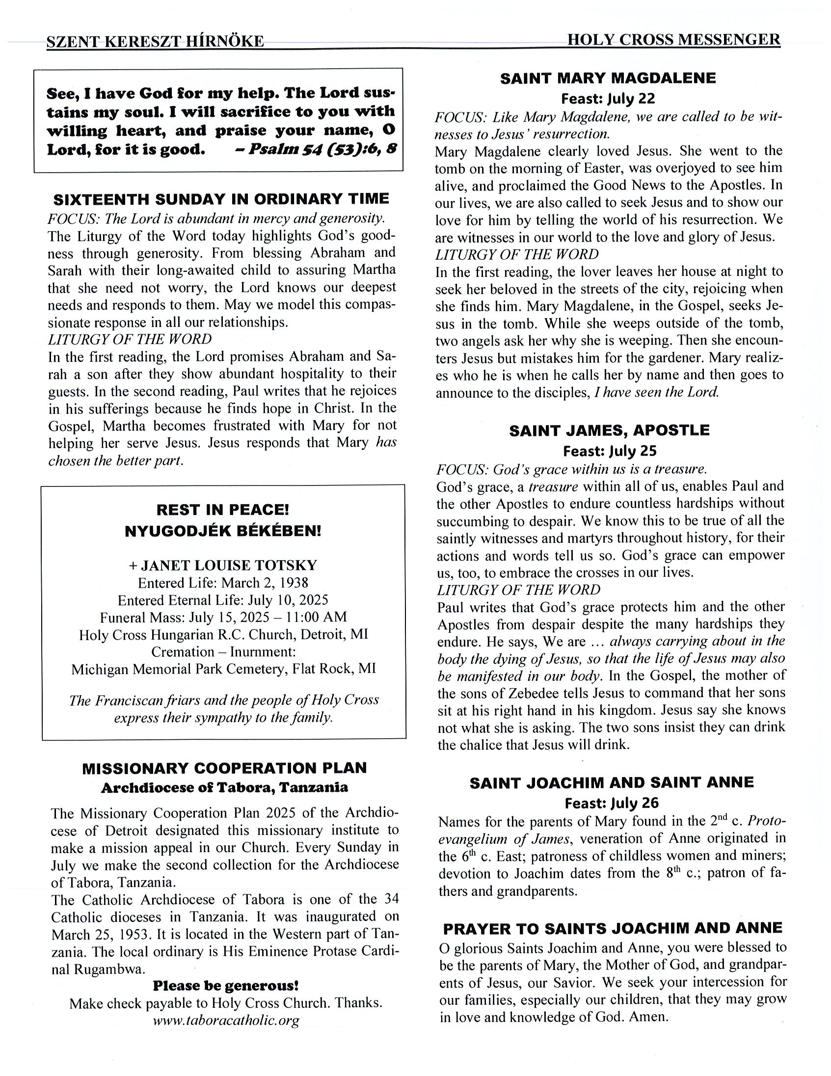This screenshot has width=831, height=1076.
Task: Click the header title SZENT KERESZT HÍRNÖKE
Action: point(155,41)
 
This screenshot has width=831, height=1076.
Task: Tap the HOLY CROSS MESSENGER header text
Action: point(673,39)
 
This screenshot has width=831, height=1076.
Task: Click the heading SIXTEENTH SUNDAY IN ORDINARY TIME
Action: point(221,199)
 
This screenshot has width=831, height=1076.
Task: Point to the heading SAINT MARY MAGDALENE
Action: point(608,79)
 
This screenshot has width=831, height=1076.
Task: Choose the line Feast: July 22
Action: point(608,99)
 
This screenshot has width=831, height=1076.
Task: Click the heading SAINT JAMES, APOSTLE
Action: point(609,430)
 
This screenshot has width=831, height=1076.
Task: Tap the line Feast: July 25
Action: point(609,451)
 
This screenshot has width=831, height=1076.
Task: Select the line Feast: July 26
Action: point(611,803)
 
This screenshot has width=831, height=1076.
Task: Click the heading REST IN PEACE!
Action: point(223,510)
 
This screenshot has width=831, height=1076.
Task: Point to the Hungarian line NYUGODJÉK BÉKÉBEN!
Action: point(223,531)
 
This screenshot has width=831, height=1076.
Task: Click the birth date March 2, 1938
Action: point(265,583)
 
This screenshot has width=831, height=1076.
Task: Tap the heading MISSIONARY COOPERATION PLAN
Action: point(224,768)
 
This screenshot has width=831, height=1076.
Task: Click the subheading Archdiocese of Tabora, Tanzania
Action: point(224,788)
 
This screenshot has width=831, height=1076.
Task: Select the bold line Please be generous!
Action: point(226,986)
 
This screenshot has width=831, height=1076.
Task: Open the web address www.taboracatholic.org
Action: point(226,1021)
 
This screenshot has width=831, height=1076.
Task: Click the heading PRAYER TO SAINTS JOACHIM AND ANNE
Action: point(612,928)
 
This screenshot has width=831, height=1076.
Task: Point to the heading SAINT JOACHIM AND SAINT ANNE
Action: point(611,783)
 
